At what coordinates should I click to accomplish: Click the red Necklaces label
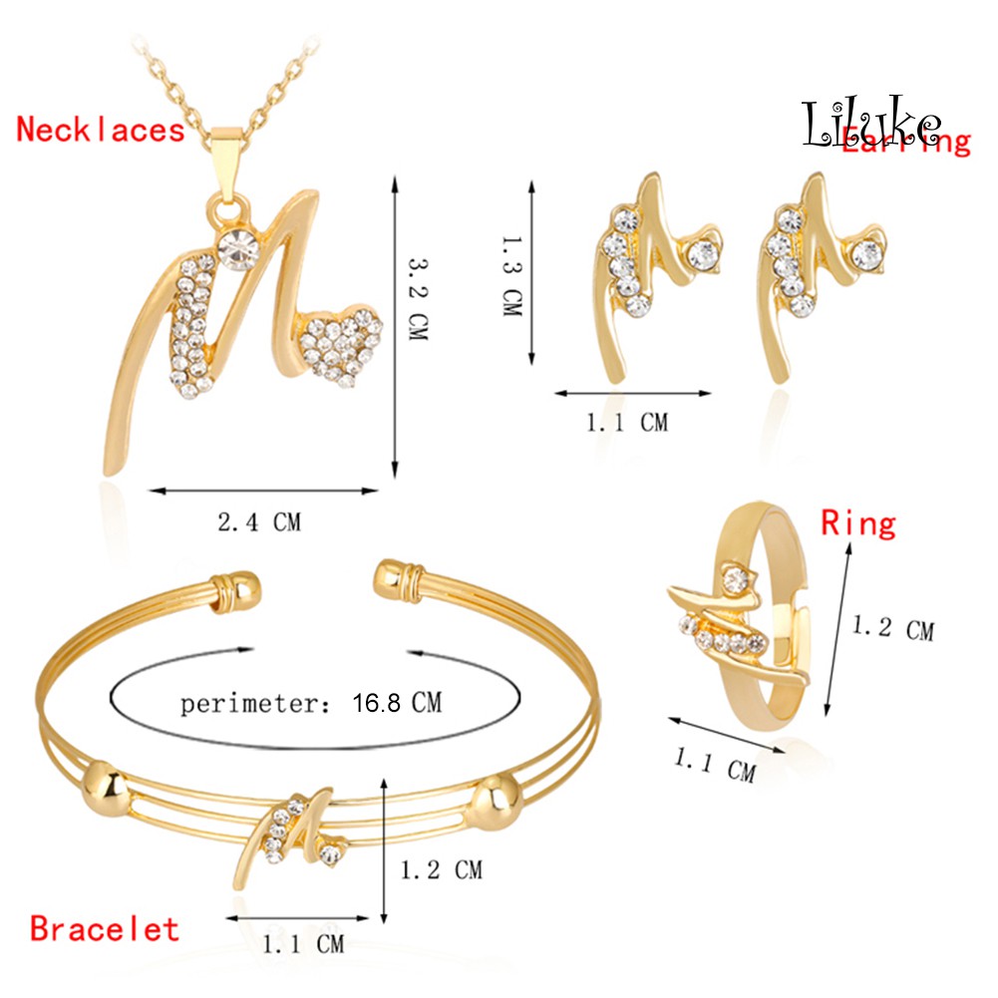101,129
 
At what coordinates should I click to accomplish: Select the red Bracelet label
105,929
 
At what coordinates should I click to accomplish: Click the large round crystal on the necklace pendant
240,249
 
